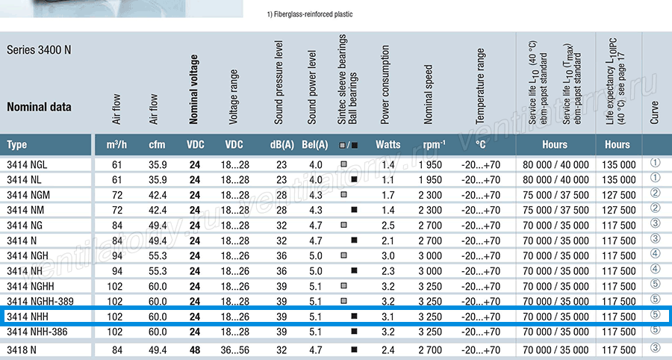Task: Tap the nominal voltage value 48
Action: (x=195, y=350)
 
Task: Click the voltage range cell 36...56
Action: (x=235, y=350)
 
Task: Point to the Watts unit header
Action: (x=388, y=145)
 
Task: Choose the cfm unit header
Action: (x=157, y=145)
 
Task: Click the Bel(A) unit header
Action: (x=315, y=145)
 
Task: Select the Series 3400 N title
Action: (x=39, y=50)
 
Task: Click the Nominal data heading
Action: (x=39, y=107)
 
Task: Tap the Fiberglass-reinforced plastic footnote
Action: (x=310, y=14)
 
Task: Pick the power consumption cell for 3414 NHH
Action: (x=388, y=317)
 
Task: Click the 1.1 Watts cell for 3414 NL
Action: (x=388, y=179)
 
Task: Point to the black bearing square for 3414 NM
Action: (x=354, y=210)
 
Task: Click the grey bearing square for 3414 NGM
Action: (x=343, y=194)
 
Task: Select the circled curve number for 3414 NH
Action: (x=656, y=269)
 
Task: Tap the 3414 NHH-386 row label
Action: (x=37, y=332)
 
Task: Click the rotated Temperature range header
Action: (x=480, y=86)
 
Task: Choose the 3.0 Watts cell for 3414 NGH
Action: (x=388, y=256)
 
